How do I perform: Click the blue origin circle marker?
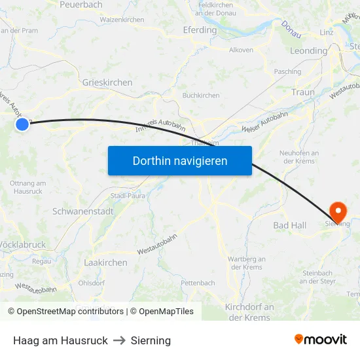click(22, 124)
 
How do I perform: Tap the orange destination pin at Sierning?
click(338, 211)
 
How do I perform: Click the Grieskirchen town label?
click(107, 83)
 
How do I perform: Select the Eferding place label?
click(200, 30)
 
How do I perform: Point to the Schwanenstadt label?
click(83, 211)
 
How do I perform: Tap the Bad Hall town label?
click(289, 225)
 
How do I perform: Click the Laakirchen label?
click(105, 262)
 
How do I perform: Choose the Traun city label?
click(303, 92)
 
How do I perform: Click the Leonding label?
click(308, 51)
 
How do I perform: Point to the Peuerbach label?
click(81, 5)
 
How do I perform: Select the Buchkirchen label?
click(201, 96)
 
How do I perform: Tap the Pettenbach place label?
click(198, 283)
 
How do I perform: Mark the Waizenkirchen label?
click(122, 20)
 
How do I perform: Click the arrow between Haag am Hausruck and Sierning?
click(119, 340)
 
